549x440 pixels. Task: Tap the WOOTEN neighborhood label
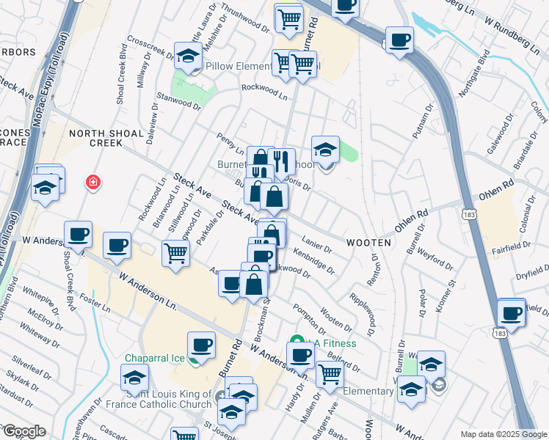click(367, 242)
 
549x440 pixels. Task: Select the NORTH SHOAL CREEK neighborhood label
click(95, 138)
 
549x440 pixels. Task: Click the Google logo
click(24, 431)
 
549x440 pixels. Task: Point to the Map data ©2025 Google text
click(503, 434)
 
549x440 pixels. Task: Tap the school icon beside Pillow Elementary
click(188, 56)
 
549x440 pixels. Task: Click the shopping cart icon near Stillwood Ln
click(176, 254)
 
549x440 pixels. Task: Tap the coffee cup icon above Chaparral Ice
click(201, 344)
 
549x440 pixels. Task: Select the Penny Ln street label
click(230, 139)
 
